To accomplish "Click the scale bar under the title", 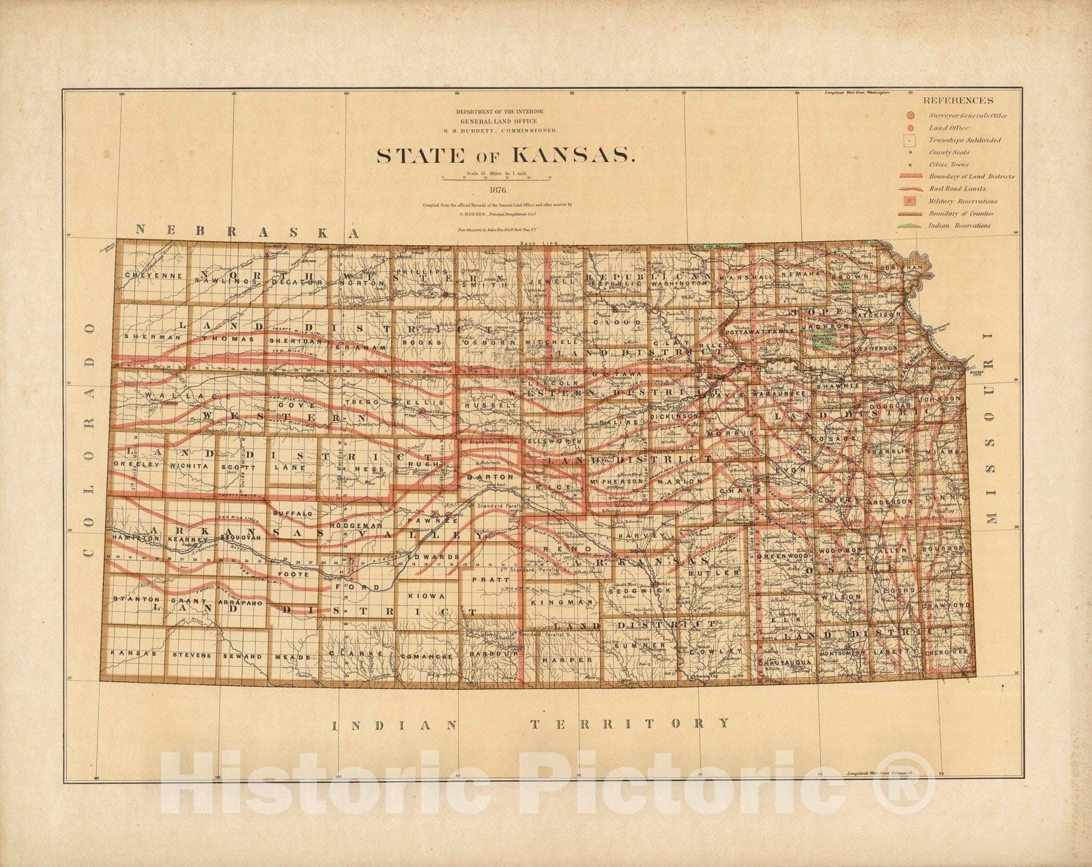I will click(496, 180).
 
